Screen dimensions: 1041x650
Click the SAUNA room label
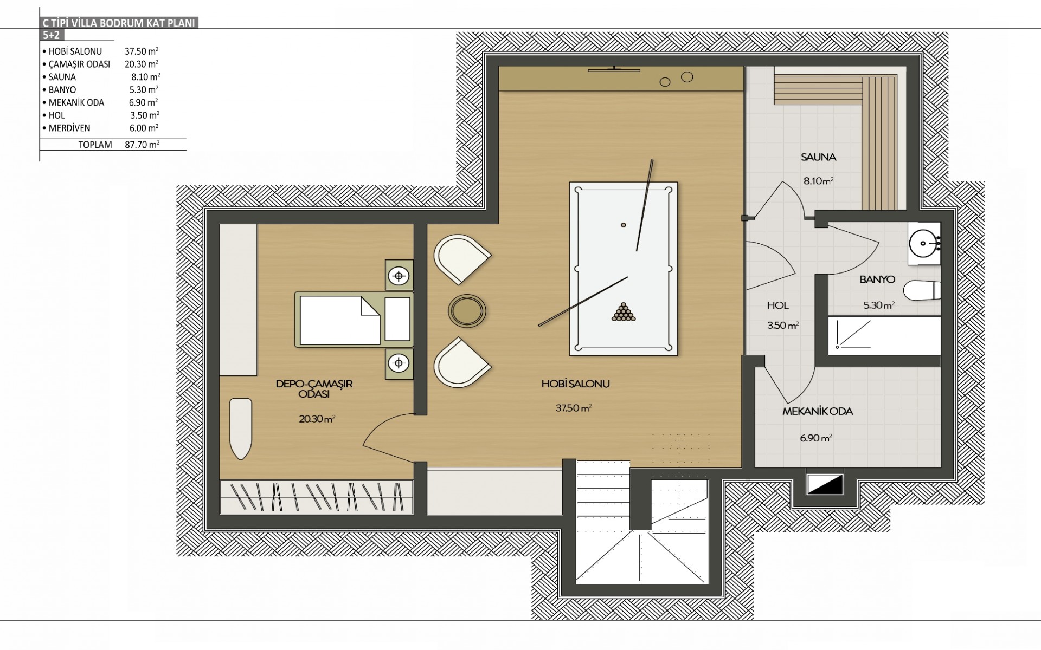coord(819,158)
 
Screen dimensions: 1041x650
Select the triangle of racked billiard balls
coord(624,311)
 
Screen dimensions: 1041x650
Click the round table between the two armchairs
coord(466,310)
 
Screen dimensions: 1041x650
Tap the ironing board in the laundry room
coord(241,428)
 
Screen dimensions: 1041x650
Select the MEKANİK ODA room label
coord(818,412)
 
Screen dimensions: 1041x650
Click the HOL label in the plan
coord(777,305)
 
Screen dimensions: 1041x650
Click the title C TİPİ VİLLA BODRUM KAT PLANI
coord(118,23)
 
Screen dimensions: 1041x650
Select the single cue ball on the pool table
coord(624,225)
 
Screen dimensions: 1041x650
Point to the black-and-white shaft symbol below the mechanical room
coord(825,485)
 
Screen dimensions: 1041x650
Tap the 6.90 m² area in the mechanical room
coord(816,438)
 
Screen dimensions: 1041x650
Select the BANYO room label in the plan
coord(877,280)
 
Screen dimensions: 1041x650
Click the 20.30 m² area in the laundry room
coord(317,419)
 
